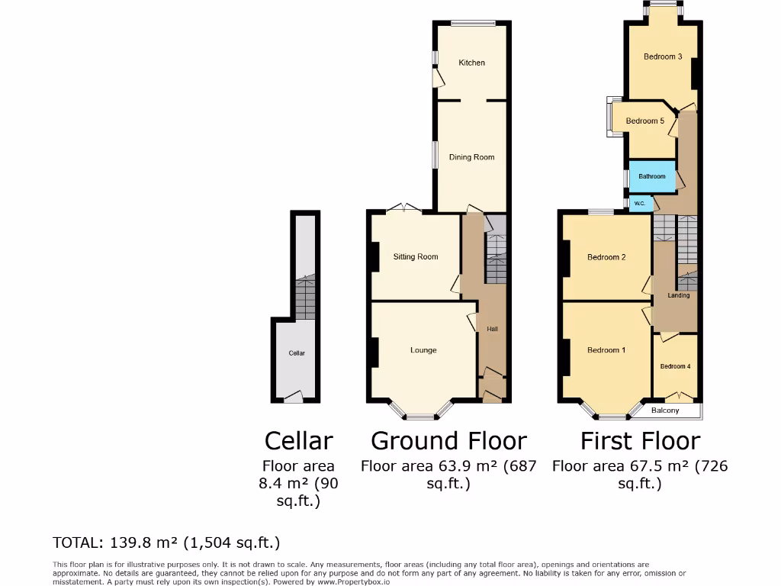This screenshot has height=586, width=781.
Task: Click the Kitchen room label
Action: (471, 63)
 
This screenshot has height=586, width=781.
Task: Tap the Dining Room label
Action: (471, 157)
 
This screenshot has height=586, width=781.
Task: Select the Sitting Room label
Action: (416, 257)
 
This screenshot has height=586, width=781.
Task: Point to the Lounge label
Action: (423, 350)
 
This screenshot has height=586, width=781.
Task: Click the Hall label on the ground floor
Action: (492, 329)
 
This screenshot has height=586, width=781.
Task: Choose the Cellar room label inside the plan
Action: (297, 353)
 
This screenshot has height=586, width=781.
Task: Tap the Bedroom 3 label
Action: (663, 56)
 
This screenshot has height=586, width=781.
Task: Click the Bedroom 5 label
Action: (644, 121)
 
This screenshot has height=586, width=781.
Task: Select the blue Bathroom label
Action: (652, 177)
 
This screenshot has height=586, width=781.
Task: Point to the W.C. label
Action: (640, 203)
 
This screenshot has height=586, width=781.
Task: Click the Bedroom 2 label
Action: (606, 257)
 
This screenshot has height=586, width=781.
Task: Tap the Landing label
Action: (678, 295)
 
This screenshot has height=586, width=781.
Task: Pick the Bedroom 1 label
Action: (606, 350)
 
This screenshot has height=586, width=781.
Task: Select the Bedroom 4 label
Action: (675, 366)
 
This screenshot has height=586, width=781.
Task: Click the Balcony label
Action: (665, 411)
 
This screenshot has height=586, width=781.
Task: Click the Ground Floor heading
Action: (448, 441)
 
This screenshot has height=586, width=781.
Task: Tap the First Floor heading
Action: (640, 441)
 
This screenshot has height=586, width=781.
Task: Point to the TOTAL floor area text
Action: (166, 543)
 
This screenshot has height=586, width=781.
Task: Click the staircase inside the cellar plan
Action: (305, 298)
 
